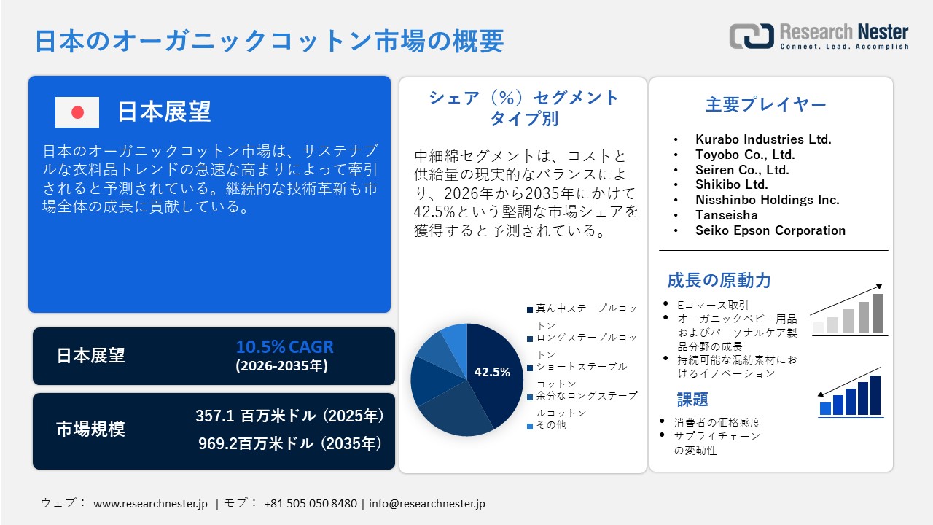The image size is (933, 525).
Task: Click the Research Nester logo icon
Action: (752, 36)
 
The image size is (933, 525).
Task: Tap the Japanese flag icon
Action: (77, 112)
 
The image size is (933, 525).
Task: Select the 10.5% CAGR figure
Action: (284, 346)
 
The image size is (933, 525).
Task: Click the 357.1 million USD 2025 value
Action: (289, 416)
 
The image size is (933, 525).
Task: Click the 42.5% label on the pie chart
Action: (492, 372)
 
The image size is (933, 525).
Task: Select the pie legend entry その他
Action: (550, 425)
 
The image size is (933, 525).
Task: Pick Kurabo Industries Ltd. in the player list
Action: (763, 139)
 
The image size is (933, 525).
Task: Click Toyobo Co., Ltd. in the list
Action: (745, 154)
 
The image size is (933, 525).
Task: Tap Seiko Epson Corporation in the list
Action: (770, 230)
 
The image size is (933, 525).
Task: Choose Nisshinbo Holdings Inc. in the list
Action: (768, 199)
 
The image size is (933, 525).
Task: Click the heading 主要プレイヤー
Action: (766, 104)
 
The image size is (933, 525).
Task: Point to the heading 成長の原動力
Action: (719, 280)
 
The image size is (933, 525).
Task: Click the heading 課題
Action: (692, 399)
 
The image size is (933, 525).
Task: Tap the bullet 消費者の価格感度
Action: (717, 422)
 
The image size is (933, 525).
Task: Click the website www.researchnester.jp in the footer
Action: (151, 503)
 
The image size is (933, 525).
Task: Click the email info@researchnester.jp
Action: (427, 503)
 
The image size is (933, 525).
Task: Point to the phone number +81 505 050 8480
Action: (311, 503)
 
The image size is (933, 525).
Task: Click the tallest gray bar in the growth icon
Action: (878, 313)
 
